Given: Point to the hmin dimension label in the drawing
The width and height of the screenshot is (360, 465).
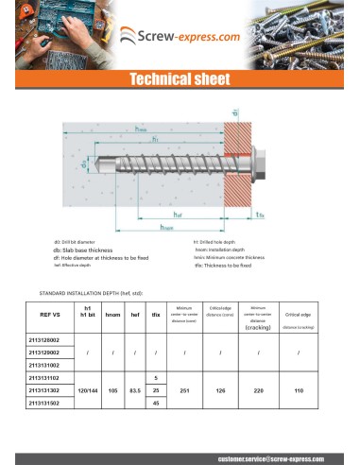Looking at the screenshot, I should pyautogui.click(x=142, y=129).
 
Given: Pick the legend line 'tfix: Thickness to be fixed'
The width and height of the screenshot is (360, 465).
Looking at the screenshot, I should pyautogui.click(x=223, y=266).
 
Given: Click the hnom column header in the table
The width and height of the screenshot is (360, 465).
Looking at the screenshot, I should pyautogui.click(x=112, y=316).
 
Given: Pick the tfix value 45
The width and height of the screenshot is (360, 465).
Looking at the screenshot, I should pyautogui.click(x=156, y=403).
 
